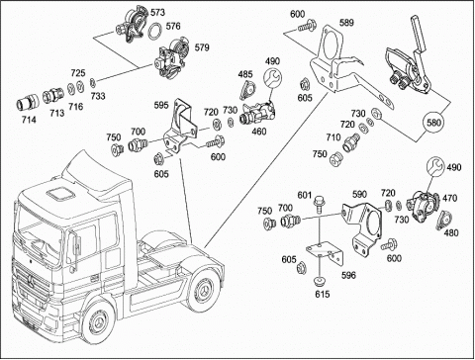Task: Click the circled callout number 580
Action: point(433,123)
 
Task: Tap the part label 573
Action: point(157,13)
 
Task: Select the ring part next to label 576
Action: point(155,31)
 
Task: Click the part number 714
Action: point(29,120)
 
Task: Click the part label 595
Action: point(161,106)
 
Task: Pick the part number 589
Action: point(346,23)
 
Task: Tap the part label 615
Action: point(322,294)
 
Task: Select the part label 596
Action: point(348,275)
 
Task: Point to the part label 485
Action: point(245,74)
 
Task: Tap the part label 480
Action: point(451,232)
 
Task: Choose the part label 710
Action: point(333,137)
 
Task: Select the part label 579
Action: point(202,47)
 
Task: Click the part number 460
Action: point(259,132)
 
